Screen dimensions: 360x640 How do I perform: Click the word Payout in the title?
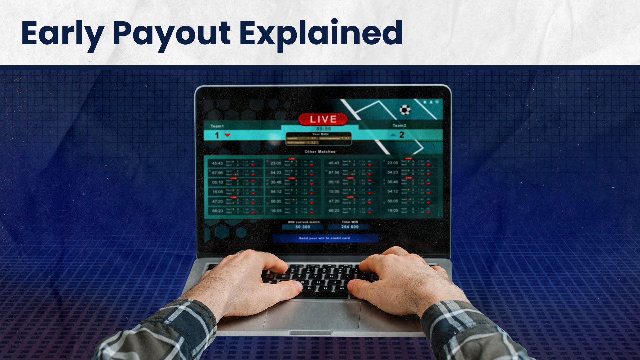(172, 33)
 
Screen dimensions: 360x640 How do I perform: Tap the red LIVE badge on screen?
(323, 119)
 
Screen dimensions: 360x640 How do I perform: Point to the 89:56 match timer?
(323, 129)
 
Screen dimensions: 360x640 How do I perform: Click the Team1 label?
(217, 126)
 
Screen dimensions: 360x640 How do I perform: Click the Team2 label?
(399, 126)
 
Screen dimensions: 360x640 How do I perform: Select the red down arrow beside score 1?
(228, 135)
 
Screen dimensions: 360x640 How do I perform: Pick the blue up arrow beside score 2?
(393, 135)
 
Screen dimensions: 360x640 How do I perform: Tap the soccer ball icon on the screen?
(405, 110)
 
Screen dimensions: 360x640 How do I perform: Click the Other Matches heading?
(320, 152)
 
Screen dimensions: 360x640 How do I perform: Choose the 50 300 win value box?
(303, 227)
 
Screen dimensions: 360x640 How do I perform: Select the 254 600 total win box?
(350, 227)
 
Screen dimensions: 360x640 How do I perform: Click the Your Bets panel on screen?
(318, 139)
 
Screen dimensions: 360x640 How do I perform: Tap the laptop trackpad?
(312, 315)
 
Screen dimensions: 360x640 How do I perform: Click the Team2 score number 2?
(402, 135)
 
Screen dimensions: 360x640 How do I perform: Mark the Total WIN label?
(350, 222)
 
